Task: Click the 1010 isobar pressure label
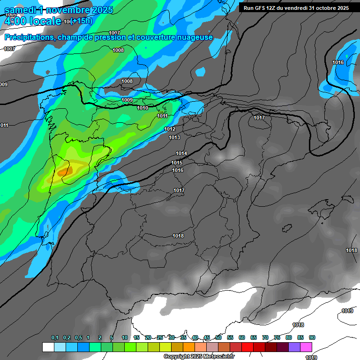(x=142, y=108)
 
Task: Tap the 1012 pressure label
(x=170, y=129)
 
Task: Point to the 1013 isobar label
(x=174, y=137)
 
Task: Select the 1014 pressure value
(x=181, y=154)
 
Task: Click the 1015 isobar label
(x=177, y=163)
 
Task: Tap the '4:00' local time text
(x=15, y=21)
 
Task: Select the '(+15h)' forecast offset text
(x=81, y=21)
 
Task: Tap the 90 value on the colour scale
(x=312, y=337)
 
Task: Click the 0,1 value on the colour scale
(x=55, y=337)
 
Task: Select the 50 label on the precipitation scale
(x=218, y=337)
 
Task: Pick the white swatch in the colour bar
(x=48, y=347)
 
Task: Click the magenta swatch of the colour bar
(x=307, y=347)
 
